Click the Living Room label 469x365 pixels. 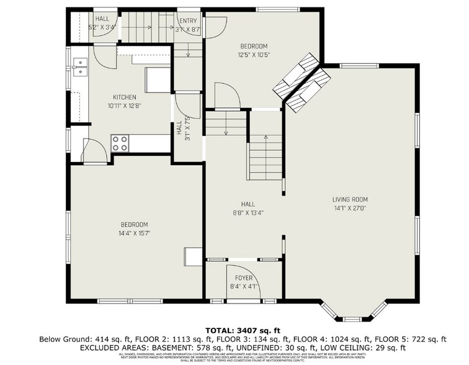point(350,199)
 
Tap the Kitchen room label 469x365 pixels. point(124,97)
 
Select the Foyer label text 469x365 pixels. point(243,277)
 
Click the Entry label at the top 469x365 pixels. point(187,20)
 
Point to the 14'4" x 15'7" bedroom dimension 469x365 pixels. point(133,233)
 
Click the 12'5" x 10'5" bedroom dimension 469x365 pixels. point(254,54)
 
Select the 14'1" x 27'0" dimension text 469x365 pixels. point(350,209)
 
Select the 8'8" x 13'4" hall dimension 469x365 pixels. point(248,212)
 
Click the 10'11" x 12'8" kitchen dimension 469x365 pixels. point(124,106)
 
